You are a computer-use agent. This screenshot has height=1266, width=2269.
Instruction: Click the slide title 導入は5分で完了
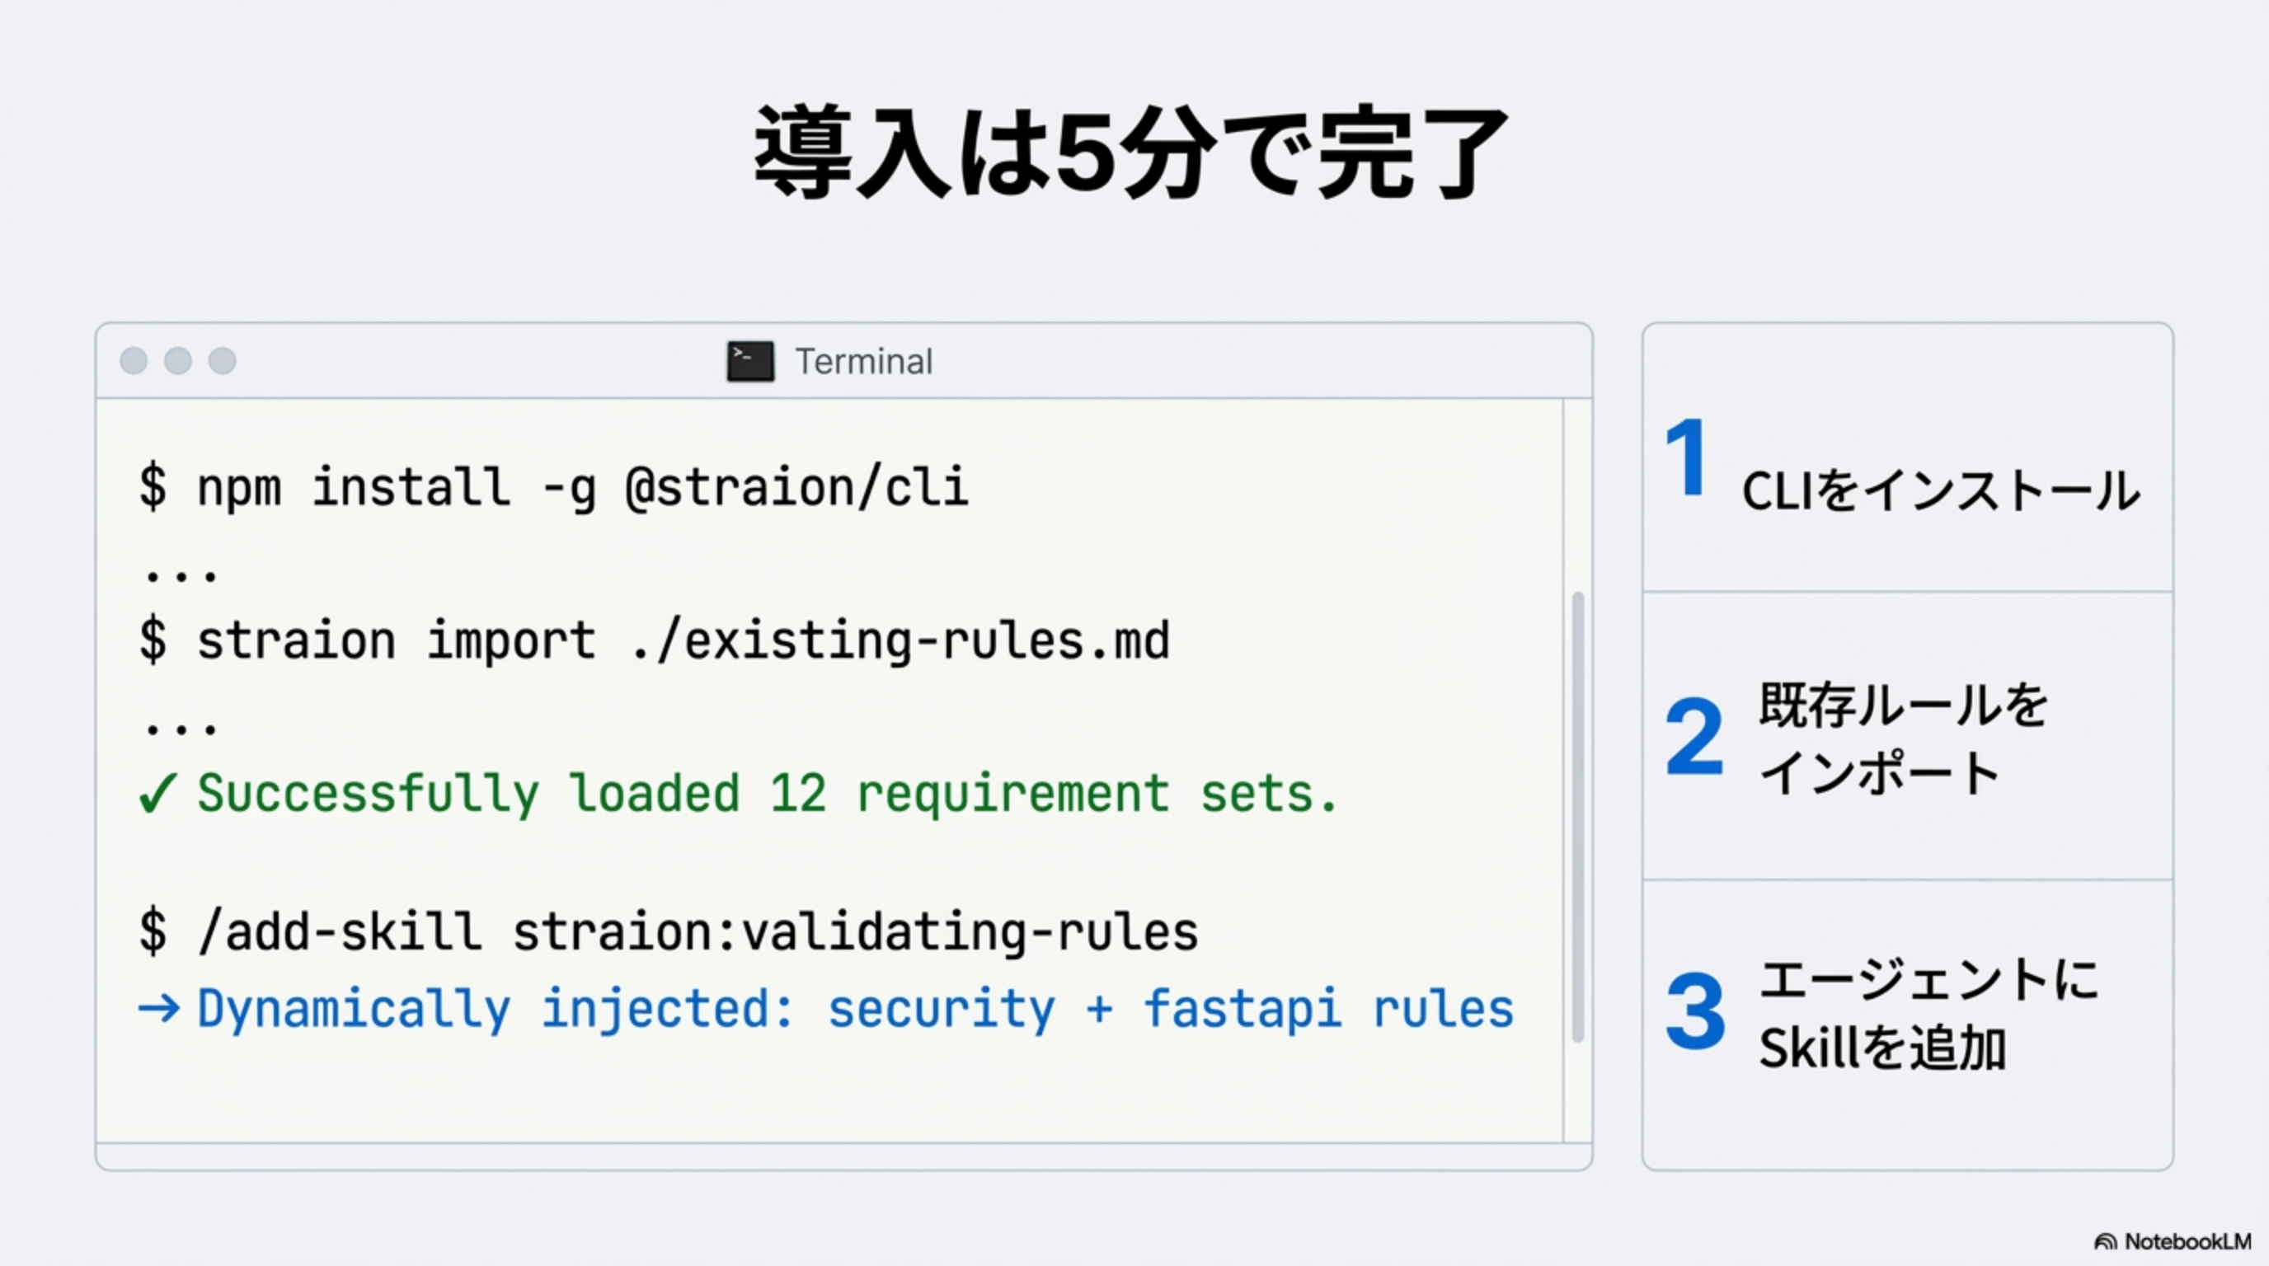pos(1132,152)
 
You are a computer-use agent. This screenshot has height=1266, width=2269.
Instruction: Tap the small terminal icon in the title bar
pos(750,361)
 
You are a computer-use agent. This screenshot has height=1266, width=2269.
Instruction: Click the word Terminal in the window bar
pos(863,362)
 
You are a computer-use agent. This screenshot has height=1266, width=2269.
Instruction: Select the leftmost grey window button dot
pos(134,360)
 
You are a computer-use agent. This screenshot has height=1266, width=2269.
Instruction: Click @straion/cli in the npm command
pos(796,487)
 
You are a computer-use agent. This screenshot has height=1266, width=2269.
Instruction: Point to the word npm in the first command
pos(239,487)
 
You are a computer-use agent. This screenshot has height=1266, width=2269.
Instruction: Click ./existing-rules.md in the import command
pos(900,640)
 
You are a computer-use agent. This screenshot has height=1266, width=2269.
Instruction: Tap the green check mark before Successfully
pos(158,793)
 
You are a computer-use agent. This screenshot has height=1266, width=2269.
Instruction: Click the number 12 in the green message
pos(798,793)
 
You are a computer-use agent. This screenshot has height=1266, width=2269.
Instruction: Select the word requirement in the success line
pos(1013,793)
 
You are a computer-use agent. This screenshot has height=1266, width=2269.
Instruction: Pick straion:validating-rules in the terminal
pos(854,932)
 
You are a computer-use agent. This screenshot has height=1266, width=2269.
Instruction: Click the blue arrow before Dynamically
pos(159,1008)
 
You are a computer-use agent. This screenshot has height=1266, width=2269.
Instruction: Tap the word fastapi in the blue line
pos(1242,1008)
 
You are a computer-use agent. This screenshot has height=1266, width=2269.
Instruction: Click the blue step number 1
pos(1687,457)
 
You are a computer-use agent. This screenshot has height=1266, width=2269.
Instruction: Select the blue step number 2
pos(1694,736)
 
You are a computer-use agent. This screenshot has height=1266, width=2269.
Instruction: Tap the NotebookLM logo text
pos(2187,1241)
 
